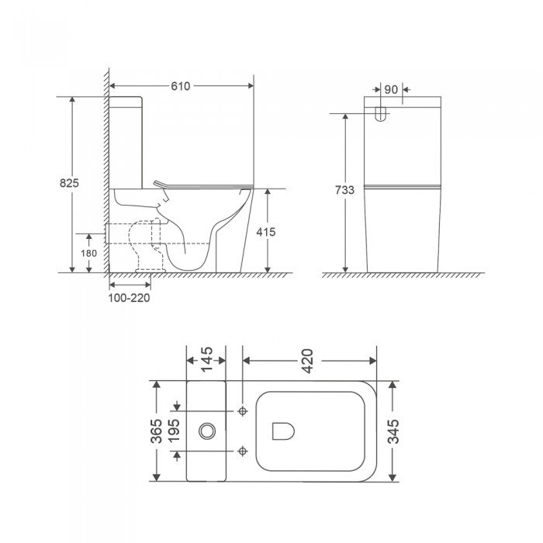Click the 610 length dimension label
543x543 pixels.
182,86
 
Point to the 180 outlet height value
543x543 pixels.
88,253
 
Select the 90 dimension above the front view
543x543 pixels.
391,90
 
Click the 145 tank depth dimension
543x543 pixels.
206,361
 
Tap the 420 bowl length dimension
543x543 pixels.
309,361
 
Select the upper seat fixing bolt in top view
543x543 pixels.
244,410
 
